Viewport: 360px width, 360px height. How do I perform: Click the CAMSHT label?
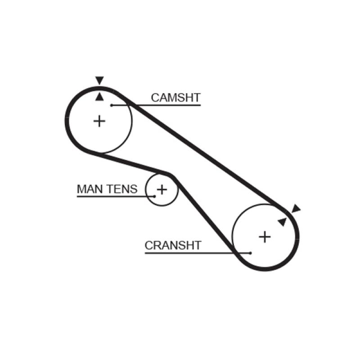[x=175, y=98]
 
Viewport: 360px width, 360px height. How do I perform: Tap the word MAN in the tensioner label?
[x=89, y=189]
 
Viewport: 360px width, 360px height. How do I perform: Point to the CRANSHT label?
[x=173, y=245]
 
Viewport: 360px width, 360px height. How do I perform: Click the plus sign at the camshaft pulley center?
[x=99, y=121]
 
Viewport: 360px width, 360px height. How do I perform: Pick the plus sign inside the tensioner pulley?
[x=162, y=189]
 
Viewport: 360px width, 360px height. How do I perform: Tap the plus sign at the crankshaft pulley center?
[x=265, y=236]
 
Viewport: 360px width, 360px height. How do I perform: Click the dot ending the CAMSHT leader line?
[x=111, y=105]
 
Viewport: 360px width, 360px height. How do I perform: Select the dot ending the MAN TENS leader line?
[x=154, y=196]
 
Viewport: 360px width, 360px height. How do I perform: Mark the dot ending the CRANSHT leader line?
[x=250, y=252]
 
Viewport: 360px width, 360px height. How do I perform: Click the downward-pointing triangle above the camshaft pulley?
[x=99, y=81]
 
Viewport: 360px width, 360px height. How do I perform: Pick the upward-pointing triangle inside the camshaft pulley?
[x=99, y=96]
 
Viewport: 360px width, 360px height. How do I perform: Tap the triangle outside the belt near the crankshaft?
[x=295, y=208]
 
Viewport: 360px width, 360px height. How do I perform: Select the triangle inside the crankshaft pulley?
[x=282, y=221]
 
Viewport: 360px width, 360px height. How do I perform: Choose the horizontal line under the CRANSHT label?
[x=189, y=252]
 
